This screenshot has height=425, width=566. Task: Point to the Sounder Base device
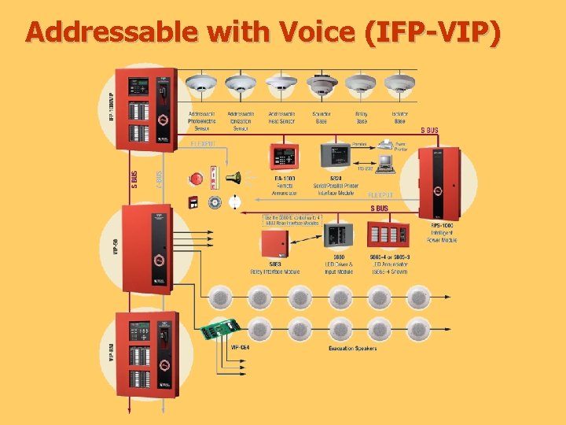pyautogui.click(x=321, y=84)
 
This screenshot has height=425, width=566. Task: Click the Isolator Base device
pyautogui.click(x=400, y=83)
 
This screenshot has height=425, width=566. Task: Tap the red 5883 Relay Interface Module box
pyautogui.click(x=277, y=245)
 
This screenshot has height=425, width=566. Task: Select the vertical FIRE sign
pyautogui.click(x=213, y=178)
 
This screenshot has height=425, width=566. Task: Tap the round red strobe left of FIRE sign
pyautogui.click(x=194, y=179)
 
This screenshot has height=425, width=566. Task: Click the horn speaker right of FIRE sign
pyautogui.click(x=233, y=178)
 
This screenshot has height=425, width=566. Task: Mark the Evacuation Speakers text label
pyautogui.click(x=352, y=348)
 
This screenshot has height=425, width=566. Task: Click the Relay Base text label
pyautogui.click(x=361, y=117)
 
